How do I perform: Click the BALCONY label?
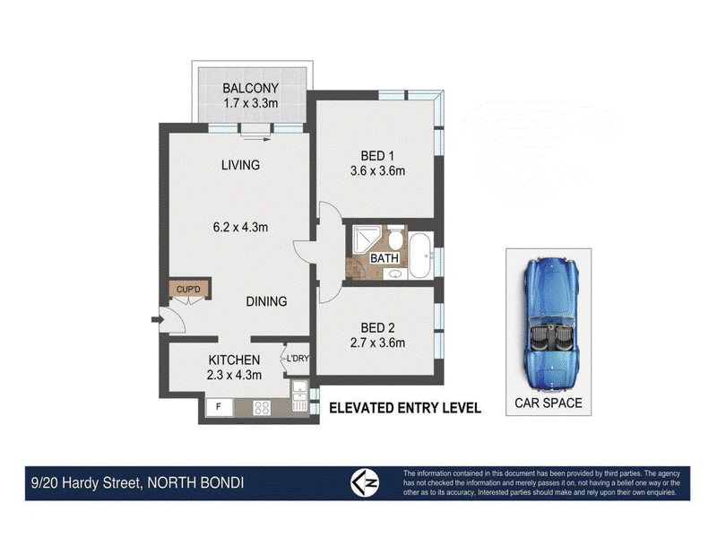[x=250, y=88]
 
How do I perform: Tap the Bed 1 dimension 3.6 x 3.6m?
[x=377, y=171]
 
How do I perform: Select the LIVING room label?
[x=240, y=165]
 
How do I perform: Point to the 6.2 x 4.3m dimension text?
[x=240, y=227]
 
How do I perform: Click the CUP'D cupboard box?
[x=188, y=289]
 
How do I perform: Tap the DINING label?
[x=266, y=301]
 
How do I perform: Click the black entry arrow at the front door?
[x=158, y=319]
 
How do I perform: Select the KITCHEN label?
[x=234, y=360]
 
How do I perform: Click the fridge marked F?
[x=219, y=407]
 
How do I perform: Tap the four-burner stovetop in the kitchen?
[x=262, y=408]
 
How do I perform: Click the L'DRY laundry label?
[x=298, y=359]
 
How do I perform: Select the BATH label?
[x=384, y=258]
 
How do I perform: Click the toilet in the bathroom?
[x=395, y=236]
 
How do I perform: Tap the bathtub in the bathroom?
[x=419, y=256]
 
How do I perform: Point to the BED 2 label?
[x=377, y=328]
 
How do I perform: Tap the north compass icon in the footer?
[x=365, y=483]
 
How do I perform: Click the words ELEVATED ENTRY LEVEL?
[x=405, y=408]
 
